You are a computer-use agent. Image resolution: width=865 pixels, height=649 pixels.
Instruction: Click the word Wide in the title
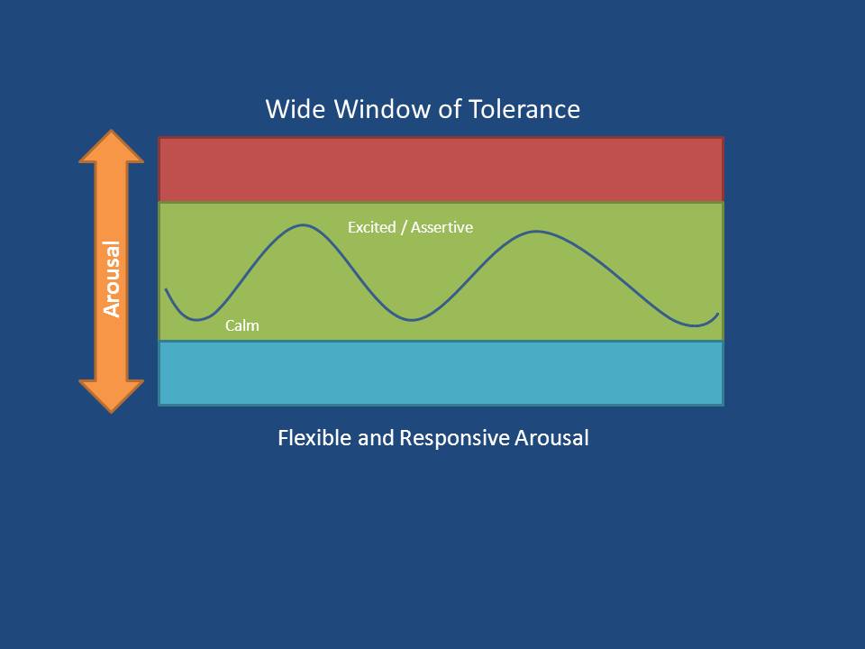[x=296, y=109]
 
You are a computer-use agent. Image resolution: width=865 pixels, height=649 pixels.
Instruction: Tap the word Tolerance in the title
[x=524, y=109]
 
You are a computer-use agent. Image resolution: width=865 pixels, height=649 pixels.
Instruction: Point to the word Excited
[x=372, y=227]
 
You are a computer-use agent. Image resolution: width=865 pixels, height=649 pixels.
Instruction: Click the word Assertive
[x=442, y=227]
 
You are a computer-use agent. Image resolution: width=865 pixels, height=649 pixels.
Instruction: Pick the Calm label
[x=242, y=325]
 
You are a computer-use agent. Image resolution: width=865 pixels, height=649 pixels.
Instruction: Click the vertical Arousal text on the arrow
[x=112, y=279]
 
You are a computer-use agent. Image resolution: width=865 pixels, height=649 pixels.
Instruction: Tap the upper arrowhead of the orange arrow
[x=112, y=147]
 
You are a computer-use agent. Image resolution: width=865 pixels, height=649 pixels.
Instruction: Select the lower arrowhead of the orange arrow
[x=112, y=397]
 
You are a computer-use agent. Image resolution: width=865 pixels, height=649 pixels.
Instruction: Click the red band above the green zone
[x=441, y=169]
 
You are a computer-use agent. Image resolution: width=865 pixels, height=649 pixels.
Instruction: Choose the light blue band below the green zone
[x=441, y=373]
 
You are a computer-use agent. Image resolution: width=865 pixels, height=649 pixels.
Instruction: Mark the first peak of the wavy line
[x=303, y=224]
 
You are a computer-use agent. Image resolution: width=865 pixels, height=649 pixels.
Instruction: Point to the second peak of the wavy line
[x=537, y=232]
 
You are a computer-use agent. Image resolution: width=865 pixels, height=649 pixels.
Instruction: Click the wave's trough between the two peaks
[x=412, y=319]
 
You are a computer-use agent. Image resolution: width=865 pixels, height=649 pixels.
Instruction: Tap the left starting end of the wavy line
[x=166, y=289]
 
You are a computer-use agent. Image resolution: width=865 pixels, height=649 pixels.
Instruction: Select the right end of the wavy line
[x=718, y=314]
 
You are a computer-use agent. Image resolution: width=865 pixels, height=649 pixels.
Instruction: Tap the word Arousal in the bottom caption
[x=551, y=438]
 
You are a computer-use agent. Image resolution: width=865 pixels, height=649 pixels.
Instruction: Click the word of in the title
[x=450, y=109]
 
